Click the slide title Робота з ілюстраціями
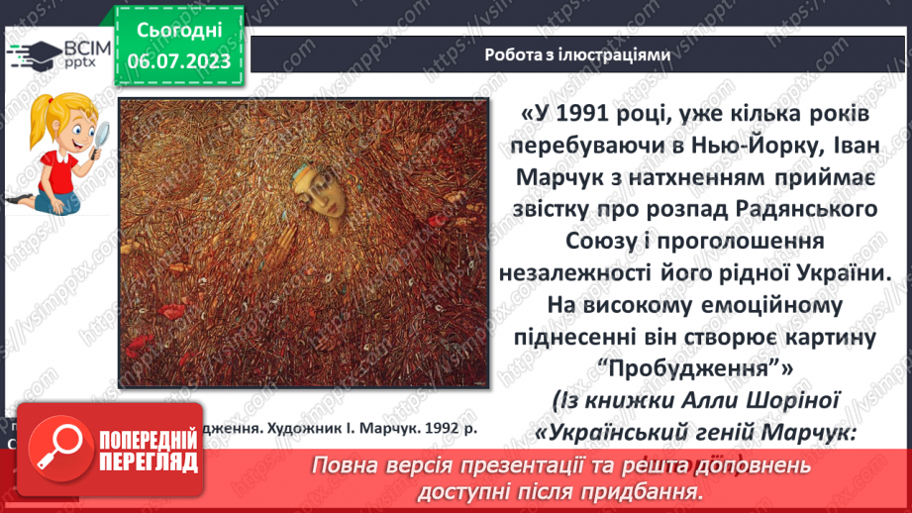[577, 55]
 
